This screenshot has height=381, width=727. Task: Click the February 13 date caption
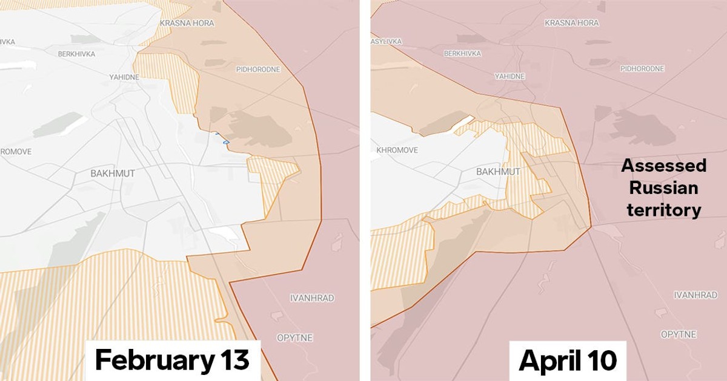(x=172, y=360)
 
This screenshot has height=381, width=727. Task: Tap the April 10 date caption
(x=568, y=360)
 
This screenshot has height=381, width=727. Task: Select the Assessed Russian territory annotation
(x=663, y=187)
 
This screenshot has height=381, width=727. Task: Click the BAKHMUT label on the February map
(x=113, y=174)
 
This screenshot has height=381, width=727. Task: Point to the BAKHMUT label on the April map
(x=498, y=172)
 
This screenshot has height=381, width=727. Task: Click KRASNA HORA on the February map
(x=187, y=23)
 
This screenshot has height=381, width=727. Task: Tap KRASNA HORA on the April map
(x=571, y=23)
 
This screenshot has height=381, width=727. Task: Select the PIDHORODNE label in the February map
(x=258, y=70)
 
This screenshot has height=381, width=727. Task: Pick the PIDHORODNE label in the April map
(x=642, y=69)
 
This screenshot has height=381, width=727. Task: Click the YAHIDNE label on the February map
(x=124, y=77)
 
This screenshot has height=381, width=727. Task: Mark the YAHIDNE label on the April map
(x=510, y=77)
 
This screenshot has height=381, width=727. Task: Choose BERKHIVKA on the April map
(x=462, y=54)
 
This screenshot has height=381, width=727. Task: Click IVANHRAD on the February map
(x=312, y=298)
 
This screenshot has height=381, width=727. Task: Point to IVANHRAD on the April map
(x=695, y=295)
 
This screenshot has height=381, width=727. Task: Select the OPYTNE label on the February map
(x=294, y=337)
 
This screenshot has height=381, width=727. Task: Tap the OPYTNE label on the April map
(x=679, y=334)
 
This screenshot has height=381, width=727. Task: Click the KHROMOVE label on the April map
(x=397, y=150)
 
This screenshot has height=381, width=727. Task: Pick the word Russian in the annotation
(x=663, y=188)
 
